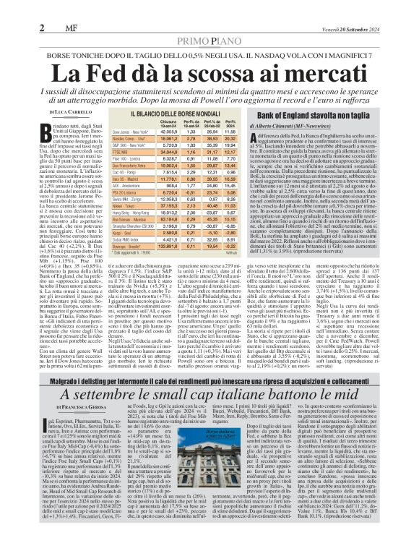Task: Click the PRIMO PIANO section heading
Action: (x=209, y=22)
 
